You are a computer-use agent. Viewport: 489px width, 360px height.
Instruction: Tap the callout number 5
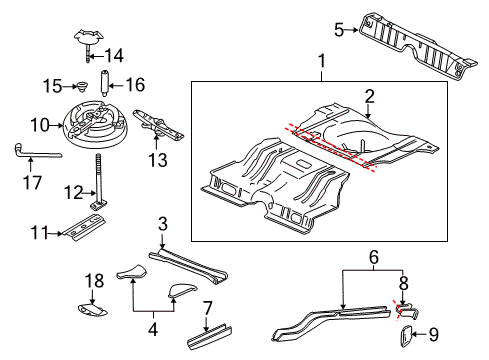[x=339, y=29]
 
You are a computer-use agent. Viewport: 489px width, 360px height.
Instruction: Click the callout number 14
[x=115, y=55]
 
